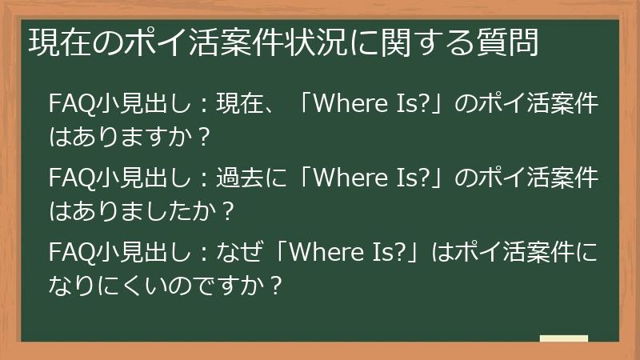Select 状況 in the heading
tap(309, 42)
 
